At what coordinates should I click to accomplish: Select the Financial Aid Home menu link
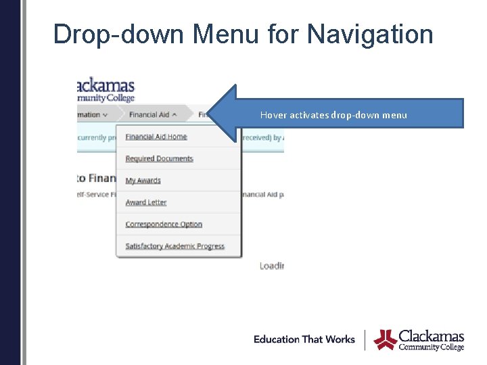[x=156, y=137]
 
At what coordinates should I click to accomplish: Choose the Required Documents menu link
[x=159, y=159]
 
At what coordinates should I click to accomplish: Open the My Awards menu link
[x=143, y=180]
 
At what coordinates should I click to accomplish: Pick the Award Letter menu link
[x=145, y=202]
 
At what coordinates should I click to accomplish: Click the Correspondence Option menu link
[x=164, y=224]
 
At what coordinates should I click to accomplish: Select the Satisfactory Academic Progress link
[x=175, y=246]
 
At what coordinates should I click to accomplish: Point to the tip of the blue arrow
[x=209, y=114]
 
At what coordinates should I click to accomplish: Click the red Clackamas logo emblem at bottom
[x=386, y=339]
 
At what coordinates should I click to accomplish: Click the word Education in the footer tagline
[x=276, y=339]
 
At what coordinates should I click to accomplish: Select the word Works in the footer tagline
[x=340, y=339]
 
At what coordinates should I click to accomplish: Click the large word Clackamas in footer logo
[x=432, y=336]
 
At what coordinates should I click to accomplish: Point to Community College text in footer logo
[x=432, y=347]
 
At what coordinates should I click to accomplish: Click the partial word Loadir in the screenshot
[x=272, y=266]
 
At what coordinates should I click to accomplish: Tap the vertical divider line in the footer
[x=365, y=340]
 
